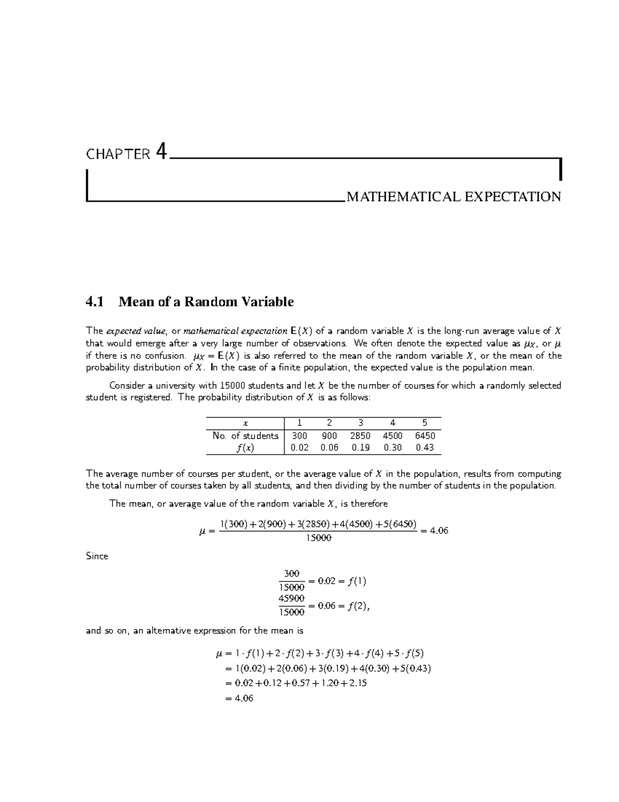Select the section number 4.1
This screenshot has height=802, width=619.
(x=94, y=302)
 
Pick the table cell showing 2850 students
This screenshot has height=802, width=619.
(x=360, y=435)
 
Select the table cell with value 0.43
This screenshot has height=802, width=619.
(x=425, y=448)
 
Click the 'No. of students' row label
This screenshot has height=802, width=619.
(x=245, y=435)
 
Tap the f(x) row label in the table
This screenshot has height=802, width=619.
(x=245, y=448)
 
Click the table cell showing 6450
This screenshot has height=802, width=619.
(x=425, y=435)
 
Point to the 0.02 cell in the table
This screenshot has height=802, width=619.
(x=300, y=448)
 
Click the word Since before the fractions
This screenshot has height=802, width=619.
(x=97, y=556)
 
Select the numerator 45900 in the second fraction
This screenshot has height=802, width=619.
(x=291, y=598)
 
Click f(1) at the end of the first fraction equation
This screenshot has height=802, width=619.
(x=356, y=581)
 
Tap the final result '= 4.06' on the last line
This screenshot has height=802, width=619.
(x=239, y=698)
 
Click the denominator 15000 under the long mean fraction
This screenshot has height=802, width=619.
(x=318, y=538)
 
